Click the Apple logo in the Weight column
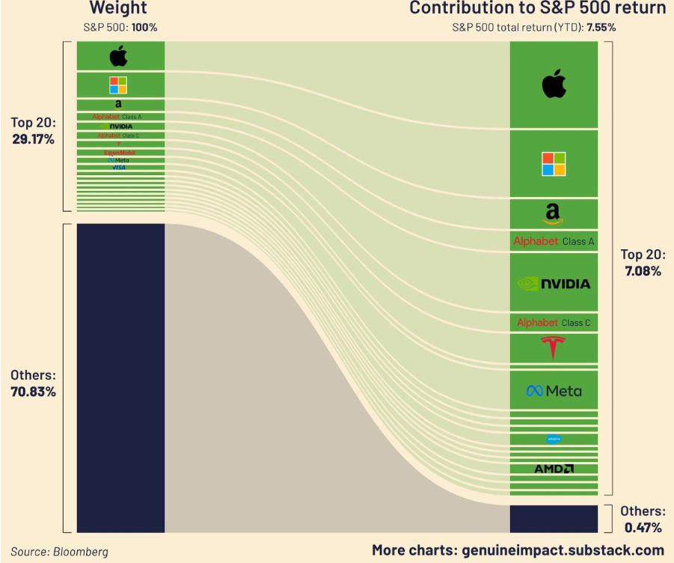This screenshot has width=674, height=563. [x=119, y=56]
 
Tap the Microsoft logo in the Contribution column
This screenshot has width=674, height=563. [x=554, y=163]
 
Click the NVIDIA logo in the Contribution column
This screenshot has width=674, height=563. [x=554, y=284]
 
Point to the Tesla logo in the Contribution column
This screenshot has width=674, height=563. [x=554, y=348]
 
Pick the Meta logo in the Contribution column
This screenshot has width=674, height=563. [x=554, y=391]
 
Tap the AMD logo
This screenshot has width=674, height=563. [x=554, y=469]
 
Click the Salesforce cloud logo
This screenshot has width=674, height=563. [x=554, y=439]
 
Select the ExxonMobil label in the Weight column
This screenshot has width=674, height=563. [x=119, y=153]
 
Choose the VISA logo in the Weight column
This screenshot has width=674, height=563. [x=119, y=168]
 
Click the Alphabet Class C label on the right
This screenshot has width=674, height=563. [x=554, y=323]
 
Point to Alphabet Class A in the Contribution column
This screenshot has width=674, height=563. [x=554, y=241]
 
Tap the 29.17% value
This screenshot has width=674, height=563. [x=33, y=139]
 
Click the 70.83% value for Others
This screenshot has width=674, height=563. [x=33, y=392]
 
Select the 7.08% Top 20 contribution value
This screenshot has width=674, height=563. [x=643, y=271]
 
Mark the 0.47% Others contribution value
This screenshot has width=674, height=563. [x=643, y=528]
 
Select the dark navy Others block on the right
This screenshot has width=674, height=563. [x=554, y=518]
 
